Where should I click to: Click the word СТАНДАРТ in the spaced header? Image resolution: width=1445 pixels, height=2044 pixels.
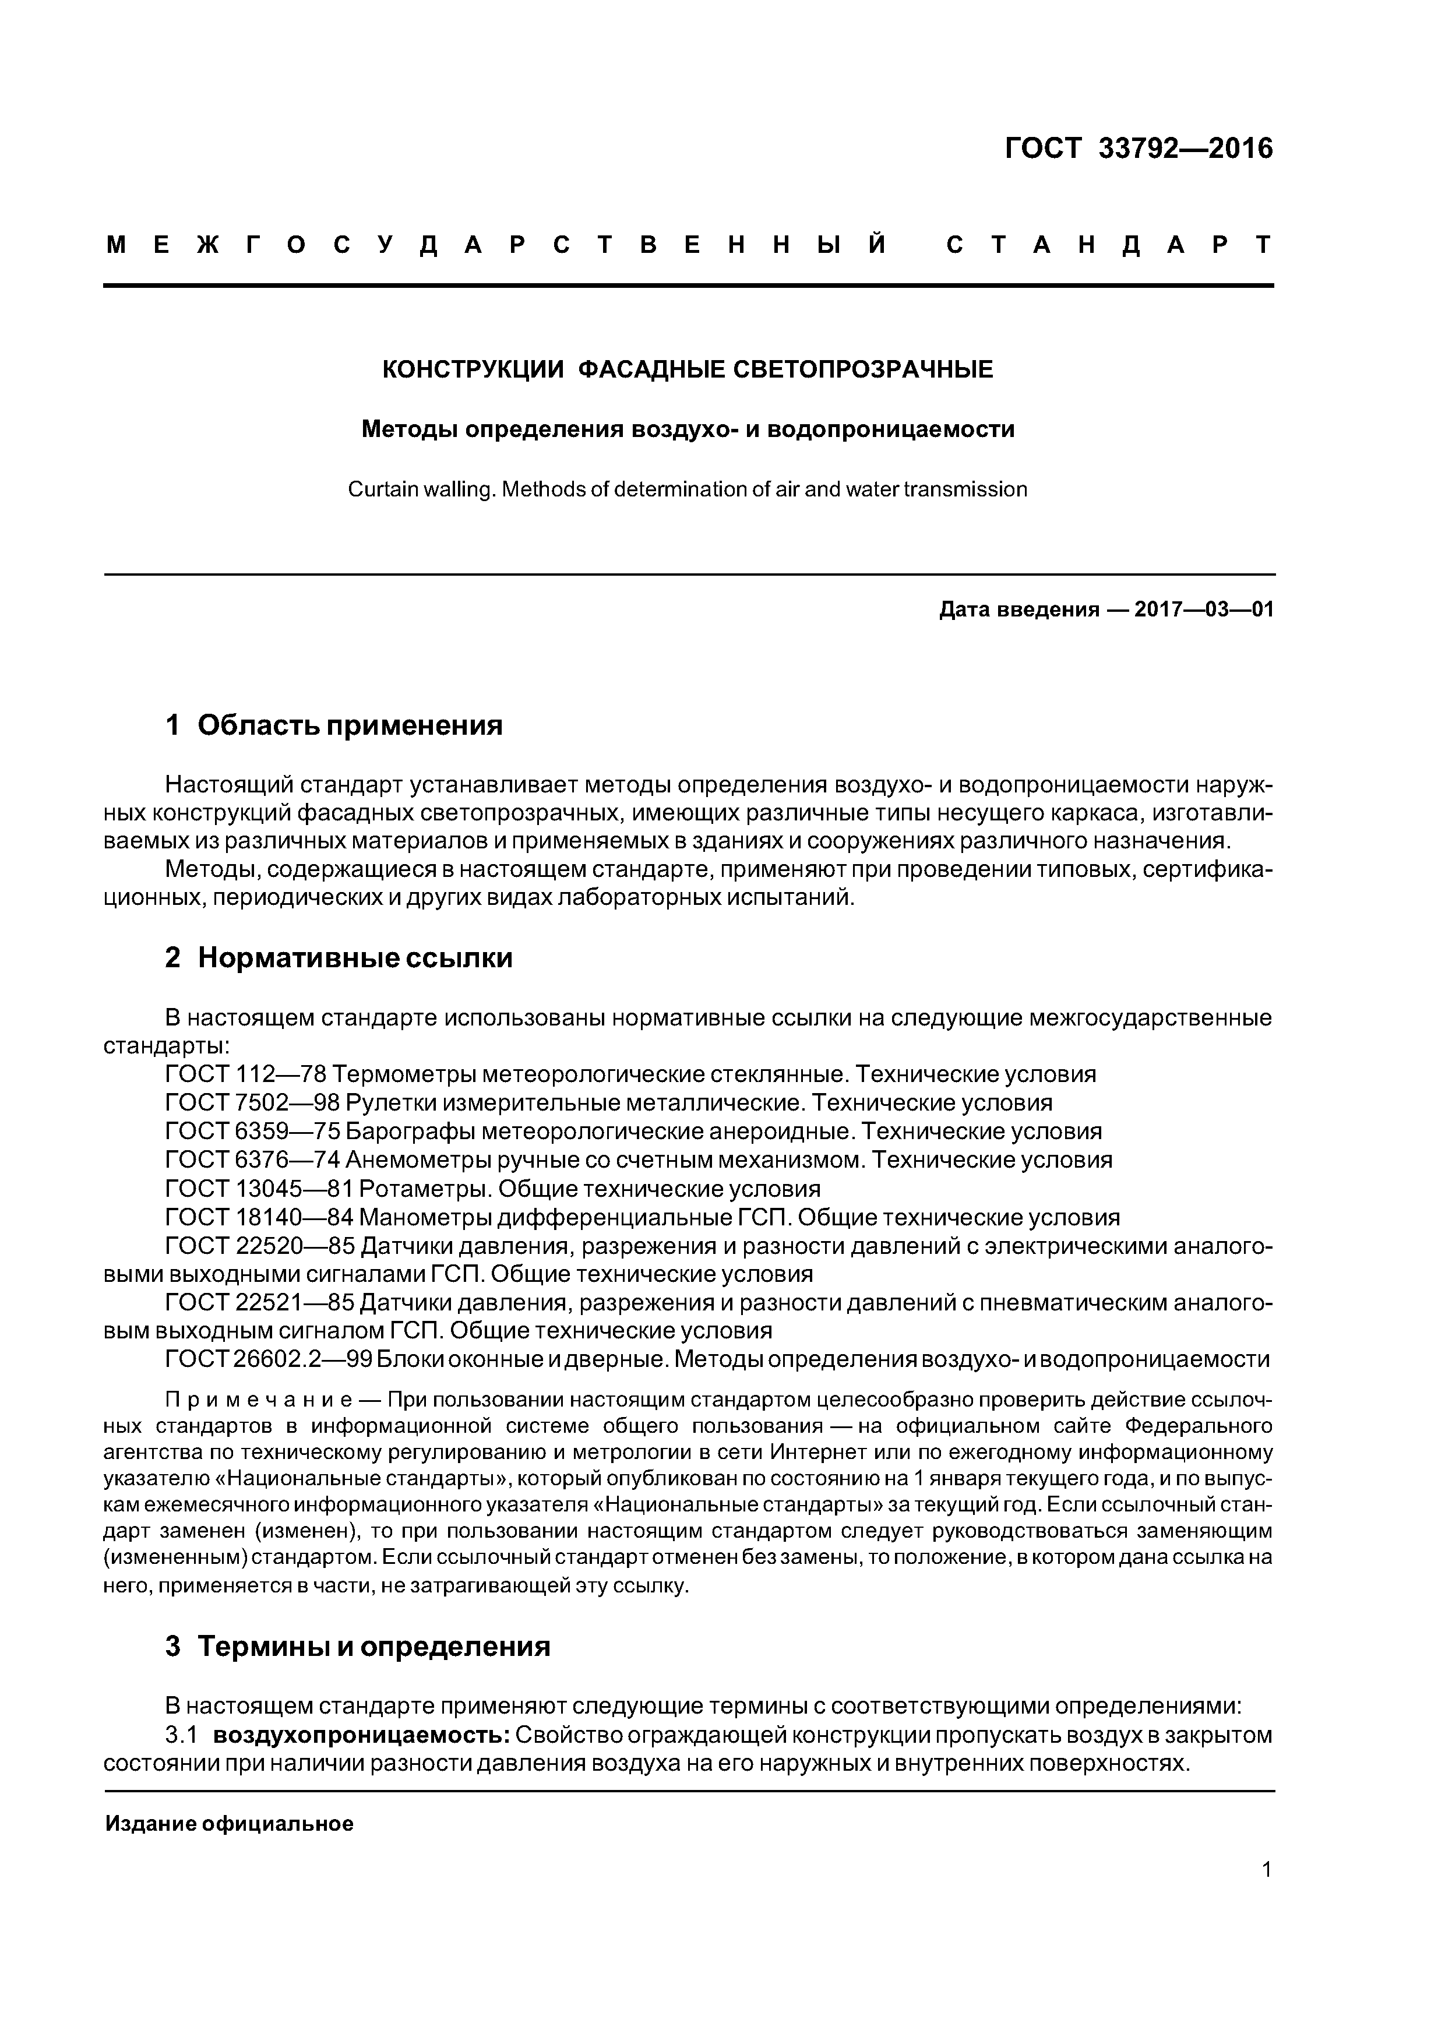pyautogui.click(x=1109, y=245)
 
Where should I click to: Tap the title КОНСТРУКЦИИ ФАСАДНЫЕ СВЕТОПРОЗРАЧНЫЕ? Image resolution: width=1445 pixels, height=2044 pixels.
pyautogui.click(x=688, y=369)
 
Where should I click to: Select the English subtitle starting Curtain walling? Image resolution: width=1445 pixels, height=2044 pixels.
pyautogui.click(x=688, y=489)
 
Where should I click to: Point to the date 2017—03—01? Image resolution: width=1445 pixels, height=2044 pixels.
pyautogui.click(x=1204, y=610)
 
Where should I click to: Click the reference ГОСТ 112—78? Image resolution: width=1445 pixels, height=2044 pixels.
pyautogui.click(x=246, y=1074)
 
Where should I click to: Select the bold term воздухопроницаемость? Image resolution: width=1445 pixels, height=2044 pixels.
pyautogui.click(x=361, y=1735)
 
